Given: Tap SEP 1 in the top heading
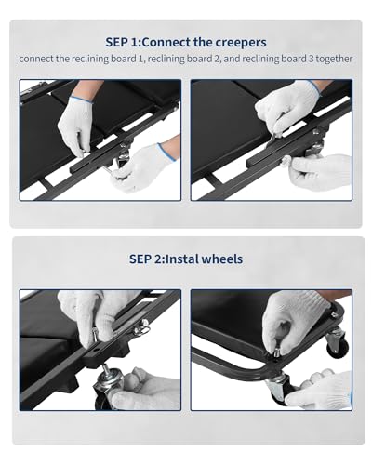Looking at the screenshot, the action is pos(122,42).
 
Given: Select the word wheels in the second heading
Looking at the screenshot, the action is pos(222,259).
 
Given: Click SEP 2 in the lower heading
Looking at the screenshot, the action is pos(144,259).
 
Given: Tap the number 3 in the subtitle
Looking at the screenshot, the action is pos(312,59).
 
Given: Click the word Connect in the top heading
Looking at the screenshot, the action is pos(166,42).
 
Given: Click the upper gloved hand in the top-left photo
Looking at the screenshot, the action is pos(76,124).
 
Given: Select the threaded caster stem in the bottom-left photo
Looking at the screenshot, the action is pos(106,369).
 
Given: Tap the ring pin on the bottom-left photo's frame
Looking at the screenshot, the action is pos(142,328).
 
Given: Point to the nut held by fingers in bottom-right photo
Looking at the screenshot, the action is pos(277,352).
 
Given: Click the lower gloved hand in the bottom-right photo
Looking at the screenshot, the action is pos(321,388).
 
